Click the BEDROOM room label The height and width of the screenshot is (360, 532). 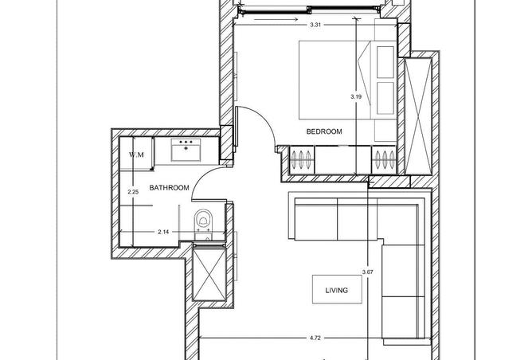[324, 131]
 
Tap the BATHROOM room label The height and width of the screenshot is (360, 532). [169, 188]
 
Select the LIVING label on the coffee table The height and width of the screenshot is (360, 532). [337, 291]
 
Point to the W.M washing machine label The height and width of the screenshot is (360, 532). [136, 155]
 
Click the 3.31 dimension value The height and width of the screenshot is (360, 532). [315, 25]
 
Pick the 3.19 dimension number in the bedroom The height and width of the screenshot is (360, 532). [356, 96]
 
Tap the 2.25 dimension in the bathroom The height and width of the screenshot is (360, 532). [133, 192]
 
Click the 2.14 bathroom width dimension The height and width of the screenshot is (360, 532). [163, 232]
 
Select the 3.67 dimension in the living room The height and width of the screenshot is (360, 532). [368, 272]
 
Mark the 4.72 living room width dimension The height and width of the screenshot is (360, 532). [315, 338]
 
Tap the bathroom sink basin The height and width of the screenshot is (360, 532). [186, 150]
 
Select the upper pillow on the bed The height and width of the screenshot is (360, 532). [385, 62]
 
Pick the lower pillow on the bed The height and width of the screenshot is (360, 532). [385, 98]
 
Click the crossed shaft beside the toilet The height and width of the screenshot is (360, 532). [209, 274]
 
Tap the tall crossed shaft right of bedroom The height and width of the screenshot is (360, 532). [418, 116]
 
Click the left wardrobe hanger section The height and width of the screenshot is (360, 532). [301, 159]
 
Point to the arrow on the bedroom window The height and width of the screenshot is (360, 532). [276, 19]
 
